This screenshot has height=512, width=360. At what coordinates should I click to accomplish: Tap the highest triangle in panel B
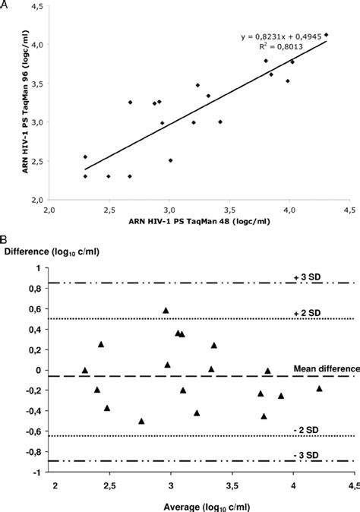pyautogui.click(x=166, y=310)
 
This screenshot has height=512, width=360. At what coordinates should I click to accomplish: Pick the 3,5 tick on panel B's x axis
pyautogui.click(x=232, y=484)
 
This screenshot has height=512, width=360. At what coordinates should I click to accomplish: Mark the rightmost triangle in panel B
pyautogui.click(x=319, y=388)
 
